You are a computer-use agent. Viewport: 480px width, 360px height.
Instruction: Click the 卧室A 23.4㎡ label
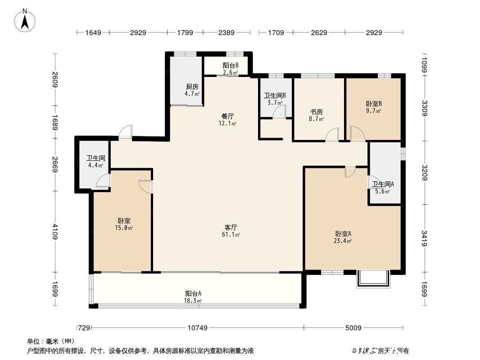(x=343, y=237)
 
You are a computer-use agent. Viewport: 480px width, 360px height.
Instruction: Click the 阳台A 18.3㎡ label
(x=193, y=296)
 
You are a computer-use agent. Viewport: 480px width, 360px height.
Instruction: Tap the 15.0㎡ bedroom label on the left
(x=124, y=224)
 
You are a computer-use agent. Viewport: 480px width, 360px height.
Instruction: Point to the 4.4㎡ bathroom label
(x=95, y=162)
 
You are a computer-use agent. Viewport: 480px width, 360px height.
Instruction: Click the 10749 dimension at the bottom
(x=197, y=328)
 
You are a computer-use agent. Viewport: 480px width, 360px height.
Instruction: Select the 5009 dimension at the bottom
(x=353, y=328)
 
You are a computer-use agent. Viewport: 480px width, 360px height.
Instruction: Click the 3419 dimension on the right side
(x=425, y=238)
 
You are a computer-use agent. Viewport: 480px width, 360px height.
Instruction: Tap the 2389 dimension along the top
(x=226, y=32)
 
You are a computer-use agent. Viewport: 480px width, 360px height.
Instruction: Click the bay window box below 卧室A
(x=372, y=278)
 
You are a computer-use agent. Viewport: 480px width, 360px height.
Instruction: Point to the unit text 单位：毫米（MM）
(x=51, y=341)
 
